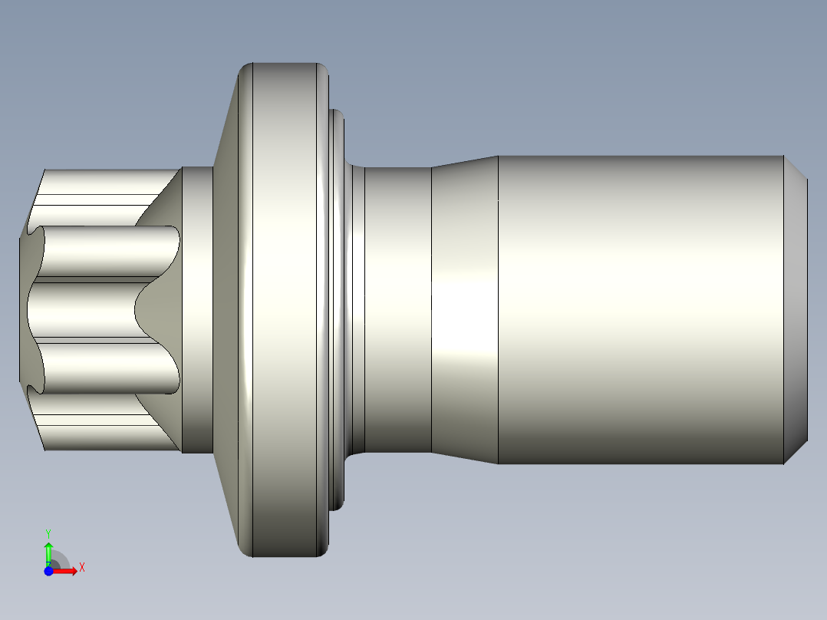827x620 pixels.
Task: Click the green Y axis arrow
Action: (x=48, y=552)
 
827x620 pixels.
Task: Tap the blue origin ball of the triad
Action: (x=48, y=571)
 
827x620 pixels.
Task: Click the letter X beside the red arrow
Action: (x=82, y=567)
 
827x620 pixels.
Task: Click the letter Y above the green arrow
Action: (x=48, y=533)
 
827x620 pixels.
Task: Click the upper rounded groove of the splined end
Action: (x=107, y=252)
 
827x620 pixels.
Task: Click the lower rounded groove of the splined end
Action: (x=107, y=367)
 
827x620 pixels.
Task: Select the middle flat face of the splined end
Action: (x=84, y=309)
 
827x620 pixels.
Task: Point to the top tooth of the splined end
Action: (x=100, y=184)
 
